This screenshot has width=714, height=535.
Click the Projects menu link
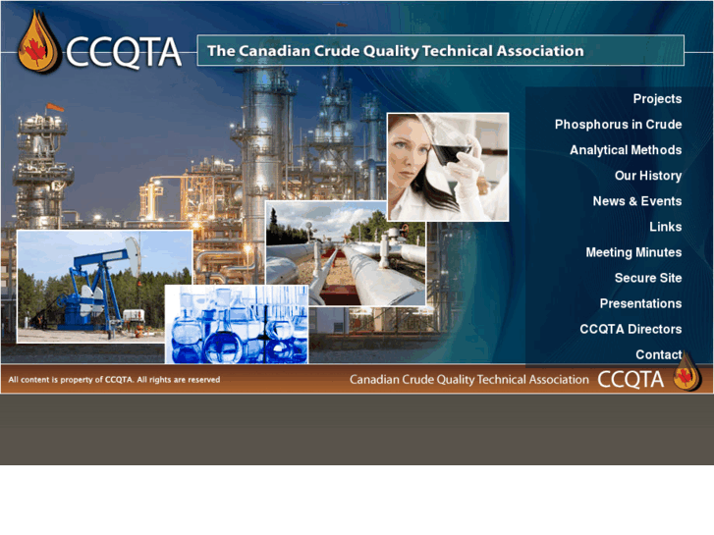[656, 99]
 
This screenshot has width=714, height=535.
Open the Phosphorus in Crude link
[618, 125]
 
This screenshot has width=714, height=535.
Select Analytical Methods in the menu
[626, 150]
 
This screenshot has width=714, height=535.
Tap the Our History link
[648, 176]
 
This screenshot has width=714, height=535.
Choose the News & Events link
[636, 201]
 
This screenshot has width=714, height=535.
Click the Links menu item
[665, 227]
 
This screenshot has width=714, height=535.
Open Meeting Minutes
[633, 252]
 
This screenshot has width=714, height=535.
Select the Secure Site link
[648, 278]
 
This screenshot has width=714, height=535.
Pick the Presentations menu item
[640, 303]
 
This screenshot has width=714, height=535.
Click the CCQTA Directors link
[631, 329]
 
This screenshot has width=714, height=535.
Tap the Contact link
[658, 354]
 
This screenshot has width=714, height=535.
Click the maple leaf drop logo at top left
[36, 44]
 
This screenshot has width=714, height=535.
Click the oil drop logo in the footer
[687, 374]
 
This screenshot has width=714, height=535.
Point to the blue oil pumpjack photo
[104, 287]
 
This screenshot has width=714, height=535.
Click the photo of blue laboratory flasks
[236, 325]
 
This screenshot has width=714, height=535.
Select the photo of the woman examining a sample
[448, 166]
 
